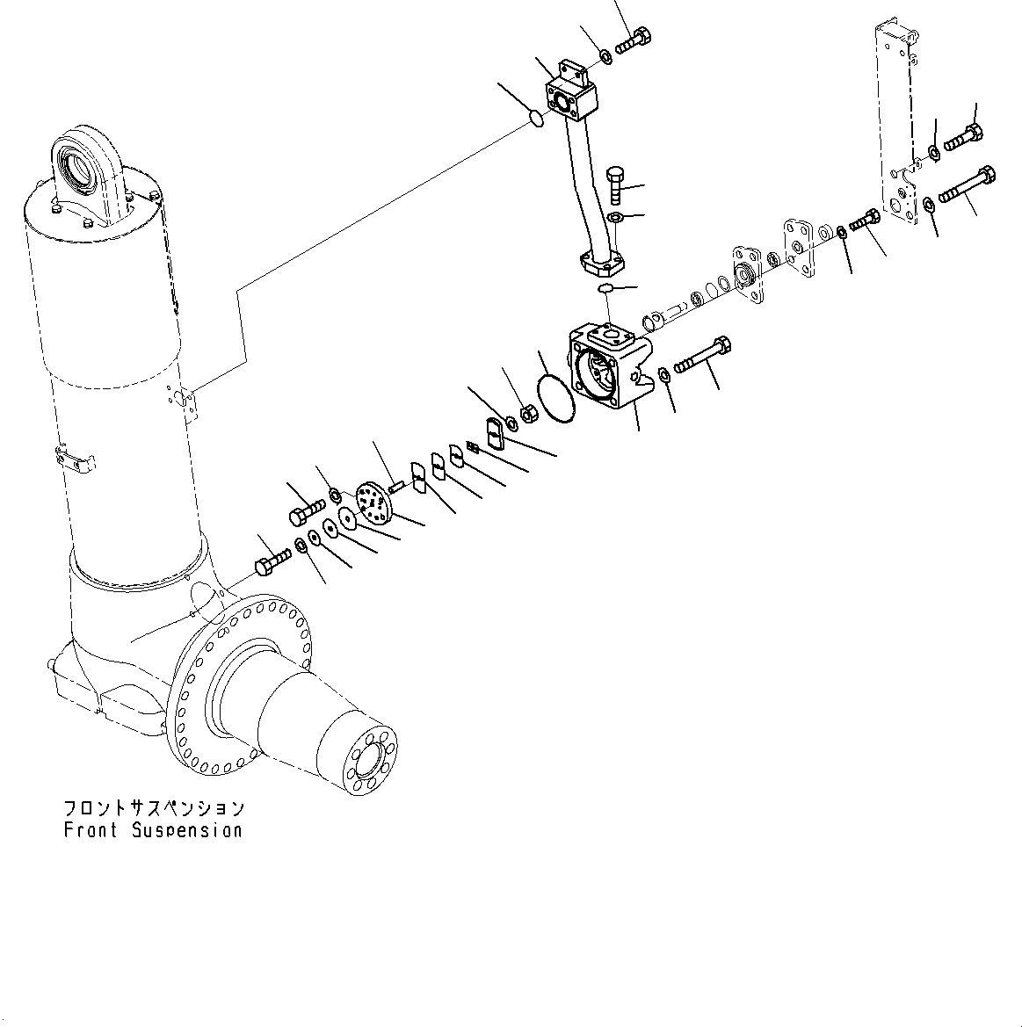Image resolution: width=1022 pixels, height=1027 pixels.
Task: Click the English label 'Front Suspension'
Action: point(152,830)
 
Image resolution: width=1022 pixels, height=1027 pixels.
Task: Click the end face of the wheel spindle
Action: point(373,758)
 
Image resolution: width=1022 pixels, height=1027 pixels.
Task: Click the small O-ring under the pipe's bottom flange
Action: point(605,288)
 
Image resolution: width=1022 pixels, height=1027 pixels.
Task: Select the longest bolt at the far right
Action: point(967,185)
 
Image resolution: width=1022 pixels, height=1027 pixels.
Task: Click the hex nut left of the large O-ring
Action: point(529,413)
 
